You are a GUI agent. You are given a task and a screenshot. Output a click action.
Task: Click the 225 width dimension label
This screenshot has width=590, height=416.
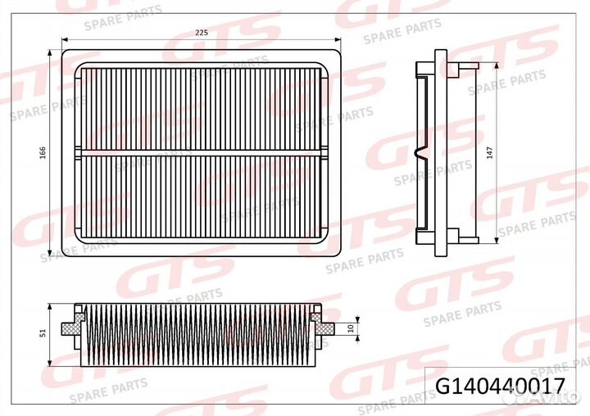[x=202, y=33]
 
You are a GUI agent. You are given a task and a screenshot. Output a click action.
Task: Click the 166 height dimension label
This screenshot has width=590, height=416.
[x=43, y=152]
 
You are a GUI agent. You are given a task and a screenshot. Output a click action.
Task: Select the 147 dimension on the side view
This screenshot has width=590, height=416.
[x=489, y=152]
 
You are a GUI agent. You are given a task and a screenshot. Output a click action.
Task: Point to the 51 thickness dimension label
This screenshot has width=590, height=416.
[x=43, y=332]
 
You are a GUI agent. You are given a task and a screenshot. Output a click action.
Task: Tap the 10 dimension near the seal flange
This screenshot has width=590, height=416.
[x=351, y=328]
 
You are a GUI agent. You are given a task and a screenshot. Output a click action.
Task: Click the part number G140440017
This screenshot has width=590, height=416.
[x=501, y=387]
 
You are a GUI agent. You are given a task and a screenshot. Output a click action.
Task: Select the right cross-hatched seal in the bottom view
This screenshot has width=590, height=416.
[x=322, y=324]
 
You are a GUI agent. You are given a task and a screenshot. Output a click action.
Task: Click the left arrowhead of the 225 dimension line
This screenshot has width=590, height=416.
[x=65, y=39]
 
